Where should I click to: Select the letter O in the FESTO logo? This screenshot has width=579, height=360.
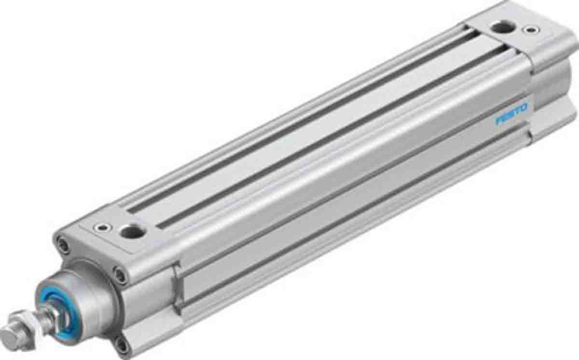524,107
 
